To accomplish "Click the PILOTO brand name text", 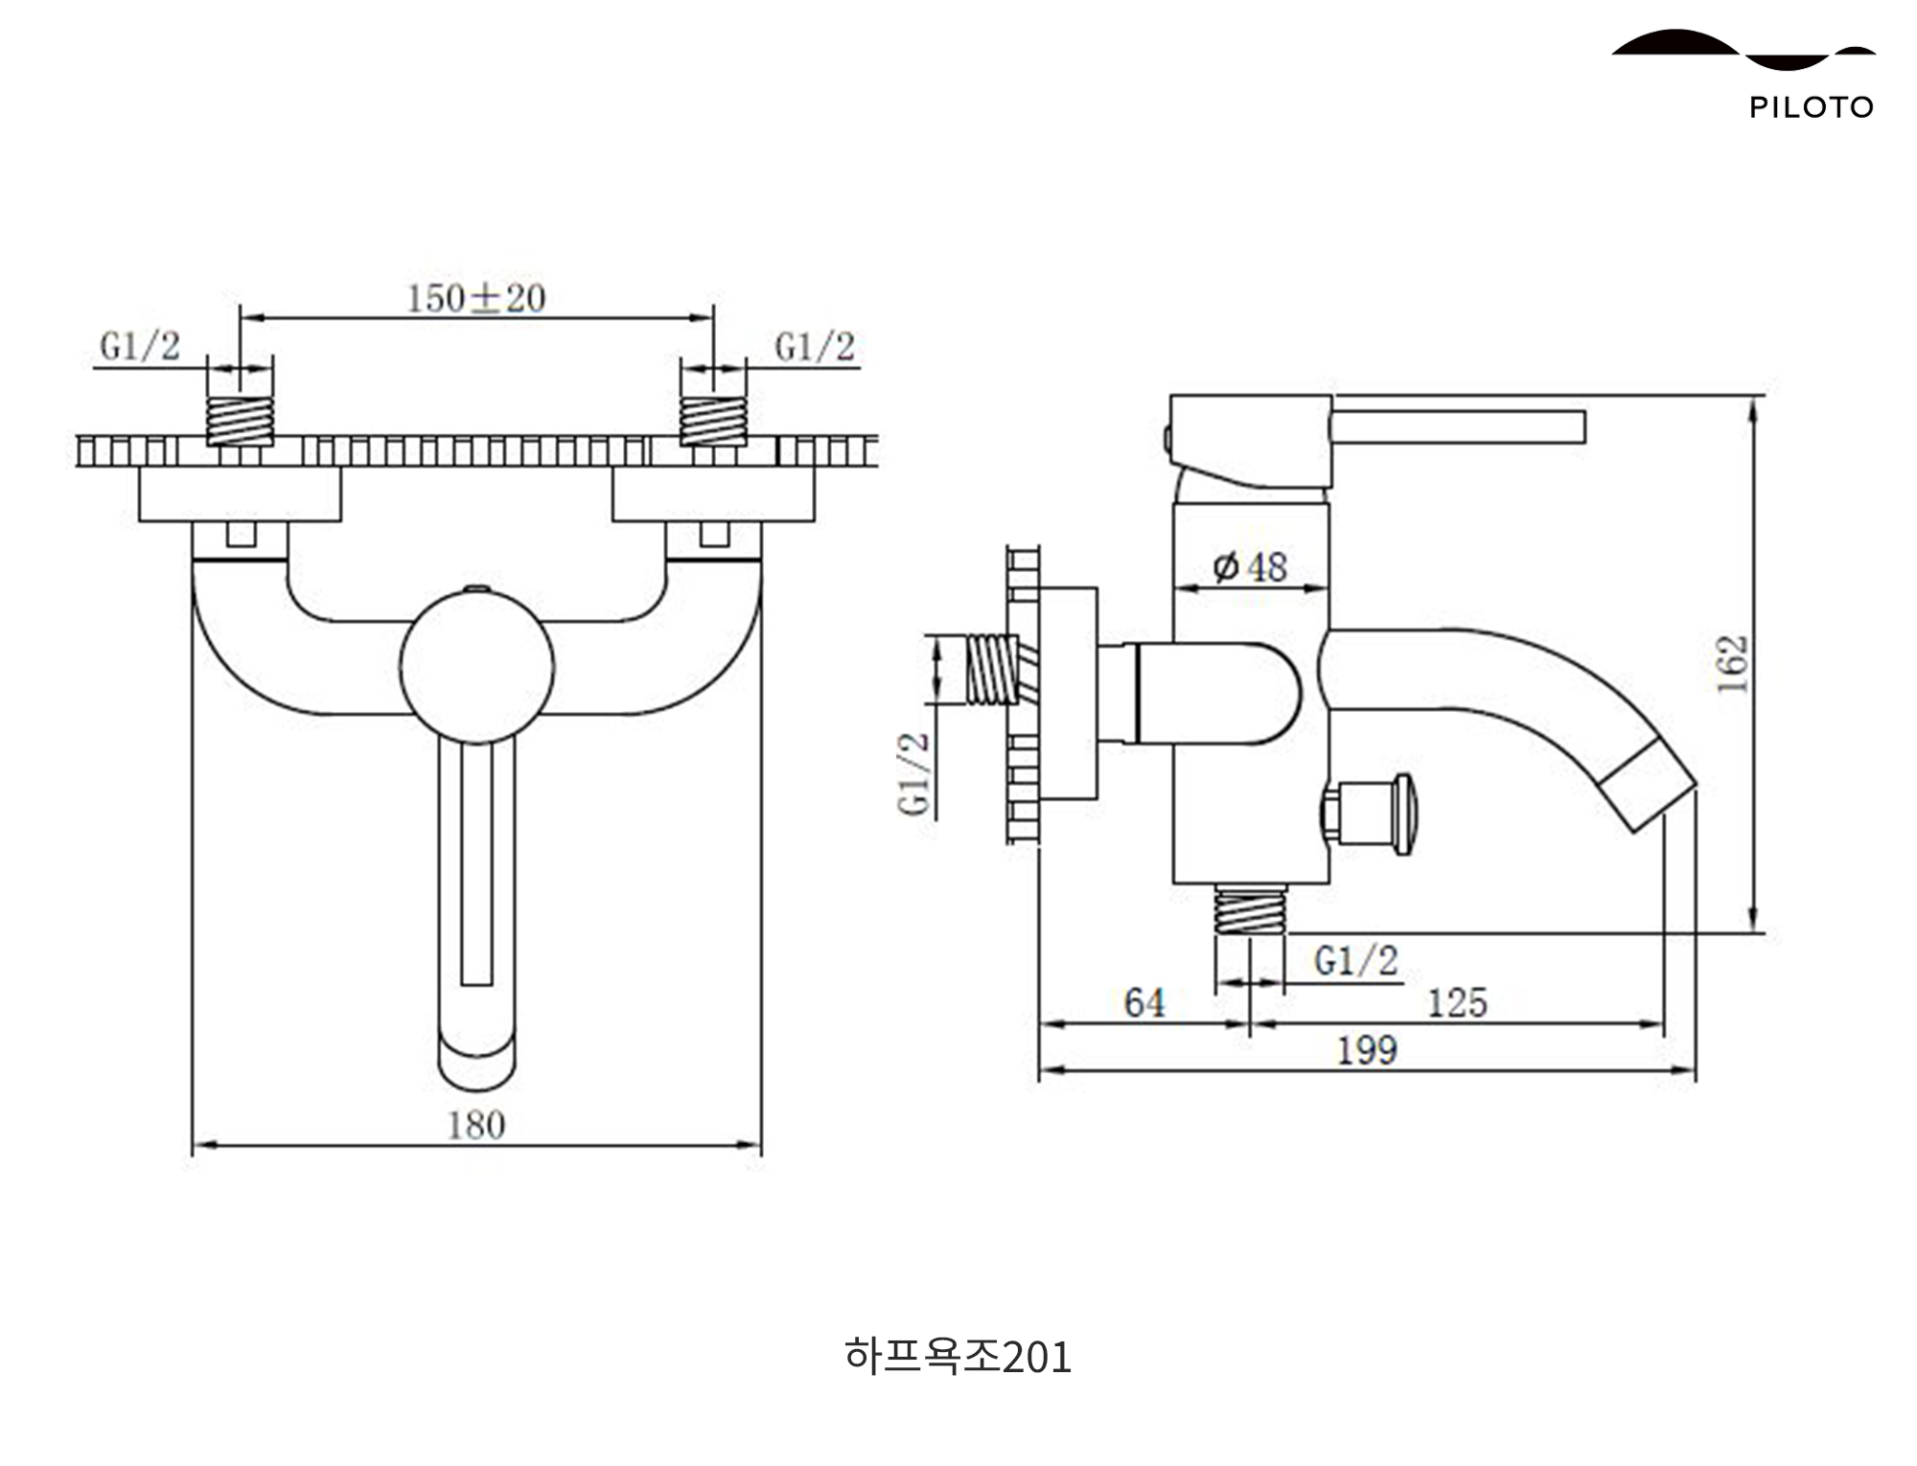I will (1811, 106).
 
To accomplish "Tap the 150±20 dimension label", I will (476, 298).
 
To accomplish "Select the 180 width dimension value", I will (476, 1125).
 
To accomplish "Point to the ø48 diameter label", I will (1250, 567).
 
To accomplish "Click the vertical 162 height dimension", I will (1732, 663).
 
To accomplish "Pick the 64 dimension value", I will (1144, 1003).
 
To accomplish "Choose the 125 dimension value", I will (1457, 1003).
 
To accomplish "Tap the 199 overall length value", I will (1367, 1051).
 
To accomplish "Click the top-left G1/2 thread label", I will (140, 346).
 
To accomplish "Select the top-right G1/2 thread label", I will (815, 347).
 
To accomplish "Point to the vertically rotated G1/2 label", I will (914, 773).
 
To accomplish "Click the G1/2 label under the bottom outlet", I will (1356, 960).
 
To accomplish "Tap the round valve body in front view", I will (476, 667).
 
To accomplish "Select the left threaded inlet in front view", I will (240, 421).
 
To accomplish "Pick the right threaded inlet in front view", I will (713, 421).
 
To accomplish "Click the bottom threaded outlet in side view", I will (1250, 910).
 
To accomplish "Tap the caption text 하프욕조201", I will (958, 1357).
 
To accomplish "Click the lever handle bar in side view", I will (1457, 427).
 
